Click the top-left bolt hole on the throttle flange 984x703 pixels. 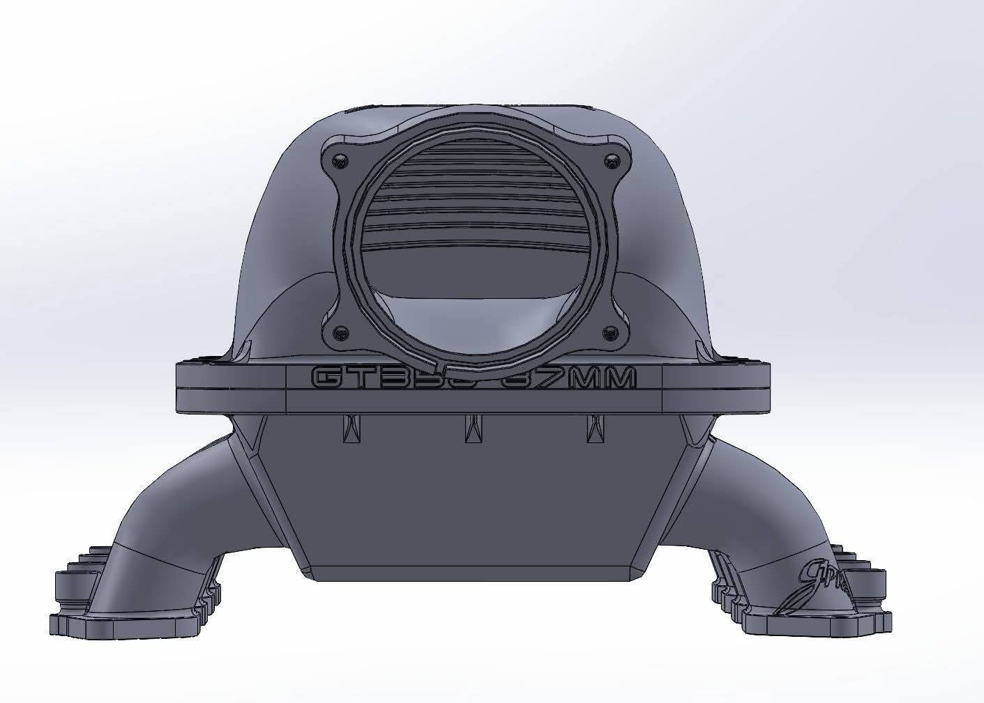click(340, 160)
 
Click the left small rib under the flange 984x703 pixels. click(348, 426)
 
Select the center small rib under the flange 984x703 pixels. click(471, 426)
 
